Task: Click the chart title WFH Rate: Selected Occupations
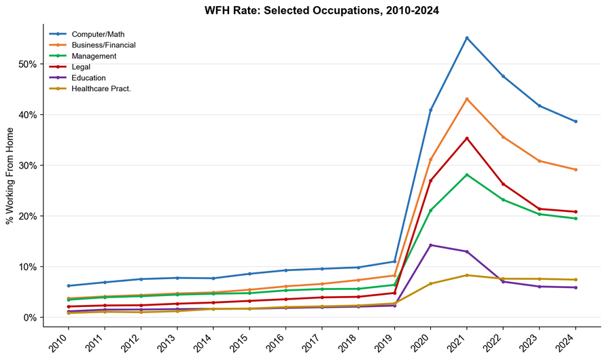click(x=292, y=10)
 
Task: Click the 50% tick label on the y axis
click(x=27, y=65)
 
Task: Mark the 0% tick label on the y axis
click(x=29, y=317)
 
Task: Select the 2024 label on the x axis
click(x=567, y=342)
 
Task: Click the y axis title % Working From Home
click(x=10, y=176)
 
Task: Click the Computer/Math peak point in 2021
click(x=467, y=38)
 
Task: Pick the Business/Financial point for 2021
click(x=467, y=99)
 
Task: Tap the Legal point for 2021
click(x=467, y=138)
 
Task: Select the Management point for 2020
click(x=430, y=211)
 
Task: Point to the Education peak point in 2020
click(x=430, y=245)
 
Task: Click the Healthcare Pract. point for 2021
click(x=467, y=275)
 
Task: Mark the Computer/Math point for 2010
click(x=69, y=286)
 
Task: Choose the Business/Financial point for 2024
click(x=576, y=169)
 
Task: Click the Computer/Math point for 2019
click(x=394, y=262)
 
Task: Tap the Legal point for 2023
click(x=539, y=209)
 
